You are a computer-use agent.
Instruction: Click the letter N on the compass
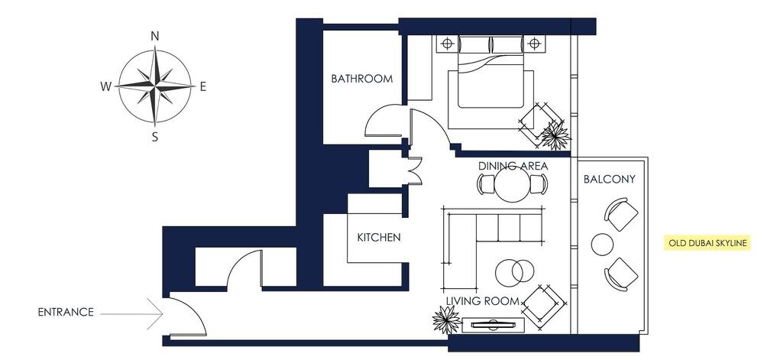coord(155,36)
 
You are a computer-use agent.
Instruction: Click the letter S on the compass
coord(155,138)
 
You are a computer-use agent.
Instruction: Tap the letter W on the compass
coord(105,86)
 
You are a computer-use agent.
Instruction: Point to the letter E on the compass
coord(203,86)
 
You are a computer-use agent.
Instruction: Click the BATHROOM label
coord(361,79)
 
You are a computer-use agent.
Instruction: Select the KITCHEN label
coord(378,238)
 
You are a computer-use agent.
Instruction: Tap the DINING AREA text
coord(513,166)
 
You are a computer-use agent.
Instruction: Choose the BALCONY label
coord(609,180)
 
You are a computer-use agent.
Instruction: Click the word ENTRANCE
coord(66,312)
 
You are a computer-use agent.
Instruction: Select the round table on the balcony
coord(603,245)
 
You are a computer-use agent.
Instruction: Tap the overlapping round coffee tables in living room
coord(513,271)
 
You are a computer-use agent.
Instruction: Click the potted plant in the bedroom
coord(555,135)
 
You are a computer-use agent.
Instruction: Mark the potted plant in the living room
coord(445,319)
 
